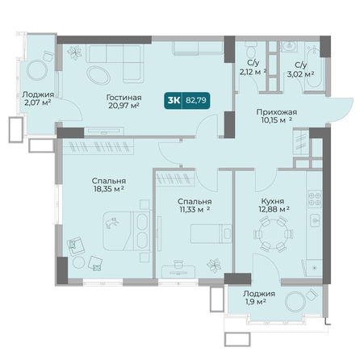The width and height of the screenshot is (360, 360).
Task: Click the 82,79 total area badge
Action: click(x=187, y=100)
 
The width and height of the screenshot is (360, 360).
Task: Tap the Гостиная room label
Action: click(x=123, y=97)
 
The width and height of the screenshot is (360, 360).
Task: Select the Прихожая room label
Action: click(x=277, y=112)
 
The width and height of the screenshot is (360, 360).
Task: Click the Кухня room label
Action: click(x=273, y=201)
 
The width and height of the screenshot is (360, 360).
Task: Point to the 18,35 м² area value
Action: click(x=109, y=189)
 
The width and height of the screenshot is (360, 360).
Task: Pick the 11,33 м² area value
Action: click(x=195, y=209)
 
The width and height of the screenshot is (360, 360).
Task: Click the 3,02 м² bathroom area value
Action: click(x=300, y=74)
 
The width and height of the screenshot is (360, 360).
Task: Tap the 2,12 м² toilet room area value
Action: click(x=253, y=72)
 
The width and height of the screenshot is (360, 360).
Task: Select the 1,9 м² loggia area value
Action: click(x=255, y=301)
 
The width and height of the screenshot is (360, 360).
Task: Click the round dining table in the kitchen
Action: click(x=273, y=234)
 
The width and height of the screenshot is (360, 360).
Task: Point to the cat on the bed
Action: click(x=112, y=223)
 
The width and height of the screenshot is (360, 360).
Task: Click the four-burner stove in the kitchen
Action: click(x=315, y=199)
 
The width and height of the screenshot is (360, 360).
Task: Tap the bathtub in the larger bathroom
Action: click(x=314, y=67)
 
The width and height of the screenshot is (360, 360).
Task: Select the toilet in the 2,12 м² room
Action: click(x=251, y=50)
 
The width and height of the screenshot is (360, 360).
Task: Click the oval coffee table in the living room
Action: click(x=98, y=75)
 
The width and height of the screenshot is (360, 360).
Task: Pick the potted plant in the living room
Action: click(x=74, y=52)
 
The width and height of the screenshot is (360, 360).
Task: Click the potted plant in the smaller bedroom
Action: click(x=214, y=266)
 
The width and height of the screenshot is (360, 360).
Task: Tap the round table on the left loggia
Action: click(x=37, y=70)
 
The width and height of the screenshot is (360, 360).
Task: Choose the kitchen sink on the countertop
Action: click(x=315, y=220)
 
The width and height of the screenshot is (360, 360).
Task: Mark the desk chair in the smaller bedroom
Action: click(x=178, y=264)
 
